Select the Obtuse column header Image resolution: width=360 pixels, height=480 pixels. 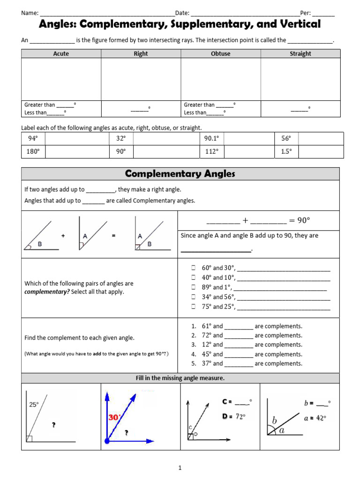(221, 54)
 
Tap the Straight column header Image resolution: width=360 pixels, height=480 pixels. (300, 54)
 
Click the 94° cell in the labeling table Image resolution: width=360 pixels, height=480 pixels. (33, 139)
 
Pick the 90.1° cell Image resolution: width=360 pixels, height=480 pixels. (211, 139)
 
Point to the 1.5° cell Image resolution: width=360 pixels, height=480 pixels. (286, 152)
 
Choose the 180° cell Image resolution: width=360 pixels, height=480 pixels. (33, 152)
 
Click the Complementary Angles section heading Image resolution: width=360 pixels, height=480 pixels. (180, 174)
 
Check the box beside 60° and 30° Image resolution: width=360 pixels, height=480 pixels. (193, 268)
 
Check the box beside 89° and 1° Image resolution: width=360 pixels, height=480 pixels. (193, 287)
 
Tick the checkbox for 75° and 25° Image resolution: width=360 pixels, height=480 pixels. (193, 307)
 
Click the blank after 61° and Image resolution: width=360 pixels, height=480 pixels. (239, 327)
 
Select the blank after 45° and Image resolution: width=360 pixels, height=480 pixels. (239, 355)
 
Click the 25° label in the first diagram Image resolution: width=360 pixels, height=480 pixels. (34, 405)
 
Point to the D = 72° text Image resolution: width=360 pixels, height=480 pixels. (233, 416)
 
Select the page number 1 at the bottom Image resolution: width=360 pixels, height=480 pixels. (180, 467)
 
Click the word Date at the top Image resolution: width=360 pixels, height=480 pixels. (182, 13)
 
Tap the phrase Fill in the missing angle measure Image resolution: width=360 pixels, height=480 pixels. (180, 378)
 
